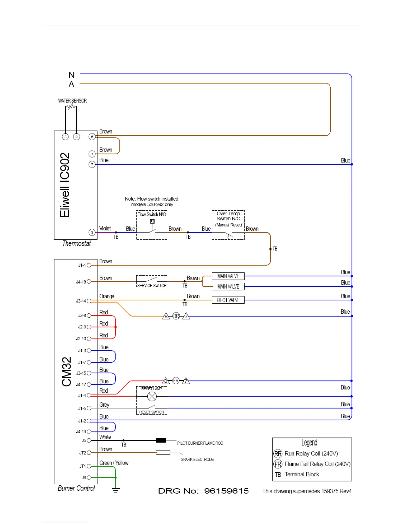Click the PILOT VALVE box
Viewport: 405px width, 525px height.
point(228,300)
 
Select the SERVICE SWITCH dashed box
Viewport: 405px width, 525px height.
point(152,282)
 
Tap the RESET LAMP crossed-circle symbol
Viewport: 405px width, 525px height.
point(152,396)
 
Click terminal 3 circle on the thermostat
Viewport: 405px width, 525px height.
point(92,233)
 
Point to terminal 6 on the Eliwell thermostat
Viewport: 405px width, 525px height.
point(92,137)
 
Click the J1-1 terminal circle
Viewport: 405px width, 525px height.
point(89,265)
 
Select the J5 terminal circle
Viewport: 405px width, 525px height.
point(89,440)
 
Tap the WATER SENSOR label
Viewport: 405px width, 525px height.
point(72,101)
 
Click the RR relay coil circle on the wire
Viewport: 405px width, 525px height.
point(176,316)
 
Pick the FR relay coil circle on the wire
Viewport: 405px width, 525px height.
point(176,381)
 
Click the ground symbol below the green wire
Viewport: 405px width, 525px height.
point(115,490)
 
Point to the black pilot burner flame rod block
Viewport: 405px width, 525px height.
point(161,440)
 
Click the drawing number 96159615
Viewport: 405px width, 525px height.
point(226,491)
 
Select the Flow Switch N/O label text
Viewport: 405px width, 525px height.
point(152,214)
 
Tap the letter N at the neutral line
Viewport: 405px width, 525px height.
point(71,75)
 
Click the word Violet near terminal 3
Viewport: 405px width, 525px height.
point(105,228)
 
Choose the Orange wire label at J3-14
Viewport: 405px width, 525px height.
point(107,296)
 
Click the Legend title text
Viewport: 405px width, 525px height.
point(309,443)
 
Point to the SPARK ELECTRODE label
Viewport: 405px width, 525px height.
point(197,459)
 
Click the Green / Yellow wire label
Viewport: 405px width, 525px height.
point(114,463)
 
